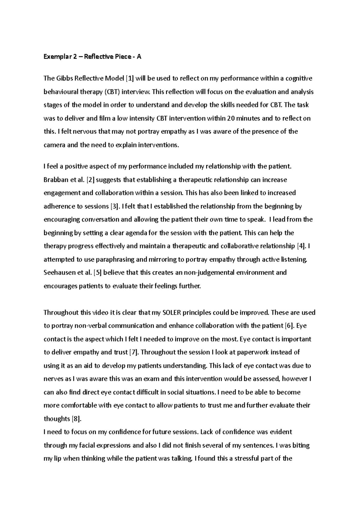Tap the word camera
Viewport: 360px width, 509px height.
[54, 145]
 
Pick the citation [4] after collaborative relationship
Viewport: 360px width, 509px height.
[301, 246]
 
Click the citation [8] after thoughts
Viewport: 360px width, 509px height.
[76, 418]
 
